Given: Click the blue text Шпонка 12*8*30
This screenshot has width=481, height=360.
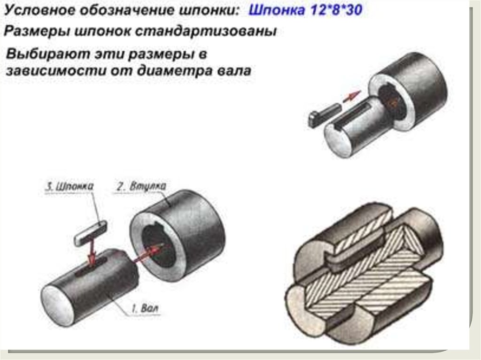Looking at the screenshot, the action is click(x=305, y=10).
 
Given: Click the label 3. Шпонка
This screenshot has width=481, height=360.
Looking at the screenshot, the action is click(x=70, y=186).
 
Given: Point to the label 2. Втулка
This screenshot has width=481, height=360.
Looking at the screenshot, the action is click(x=141, y=186).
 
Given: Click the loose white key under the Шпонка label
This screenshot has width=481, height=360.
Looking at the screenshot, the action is click(x=91, y=233).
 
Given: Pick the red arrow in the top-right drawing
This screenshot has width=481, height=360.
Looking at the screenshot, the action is click(x=351, y=96).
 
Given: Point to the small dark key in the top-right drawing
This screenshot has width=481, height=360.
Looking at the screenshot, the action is click(x=324, y=114).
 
